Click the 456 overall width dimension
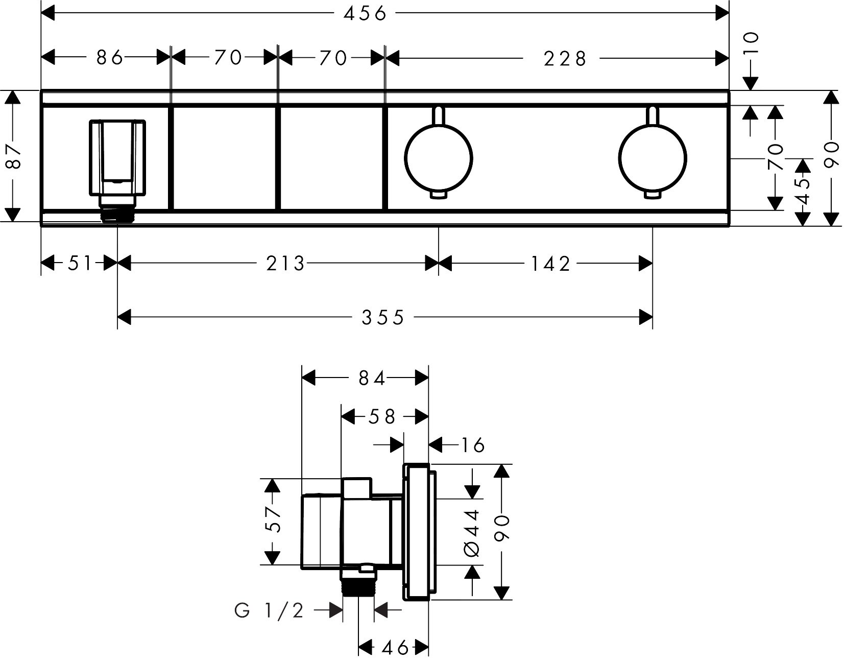[x=365, y=14]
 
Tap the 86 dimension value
[x=110, y=58]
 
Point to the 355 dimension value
[x=382, y=318]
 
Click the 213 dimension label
[x=285, y=264]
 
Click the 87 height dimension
[x=13, y=155]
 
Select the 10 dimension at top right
[x=752, y=43]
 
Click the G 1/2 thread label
[x=269, y=610]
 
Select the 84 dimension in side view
[x=371, y=378]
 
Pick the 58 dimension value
[x=383, y=417]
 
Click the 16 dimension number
[x=472, y=445]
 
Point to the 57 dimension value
[x=274, y=520]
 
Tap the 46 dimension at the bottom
[x=395, y=648]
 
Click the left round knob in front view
[x=438, y=156]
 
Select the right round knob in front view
[x=652, y=156]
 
